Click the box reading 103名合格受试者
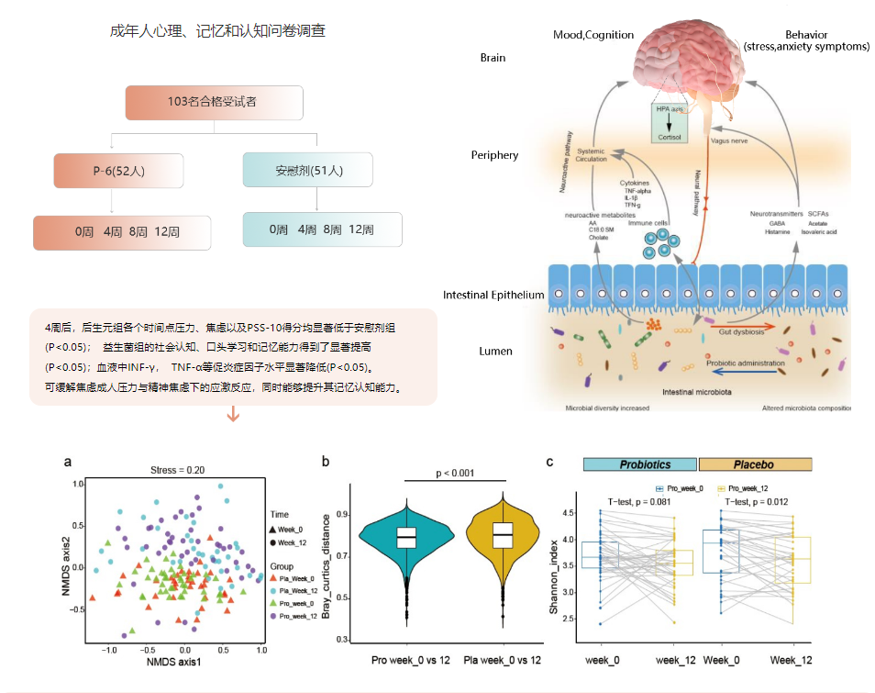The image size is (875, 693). [x=213, y=103]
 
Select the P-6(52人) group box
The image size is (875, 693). [x=118, y=171]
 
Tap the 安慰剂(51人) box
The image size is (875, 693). [x=308, y=170]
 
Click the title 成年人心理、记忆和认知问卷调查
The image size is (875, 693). [x=217, y=31]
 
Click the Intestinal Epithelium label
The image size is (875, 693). [x=493, y=296]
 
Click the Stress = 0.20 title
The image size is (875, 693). [x=177, y=470]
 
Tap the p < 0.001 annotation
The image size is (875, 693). [x=456, y=472]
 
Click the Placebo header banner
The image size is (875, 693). [x=755, y=464]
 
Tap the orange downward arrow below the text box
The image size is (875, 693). [x=233, y=416]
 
